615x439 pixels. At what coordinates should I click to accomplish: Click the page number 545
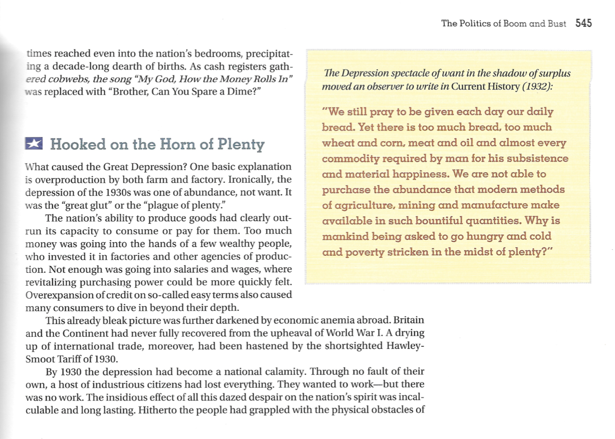pos(583,23)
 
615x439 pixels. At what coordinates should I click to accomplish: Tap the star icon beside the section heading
pos(34,143)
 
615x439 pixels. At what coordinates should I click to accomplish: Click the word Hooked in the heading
pos(78,144)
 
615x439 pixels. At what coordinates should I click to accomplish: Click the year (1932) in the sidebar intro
pos(537,86)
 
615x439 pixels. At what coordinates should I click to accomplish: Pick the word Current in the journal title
pos(468,86)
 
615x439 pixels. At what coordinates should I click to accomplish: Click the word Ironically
pos(251,180)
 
